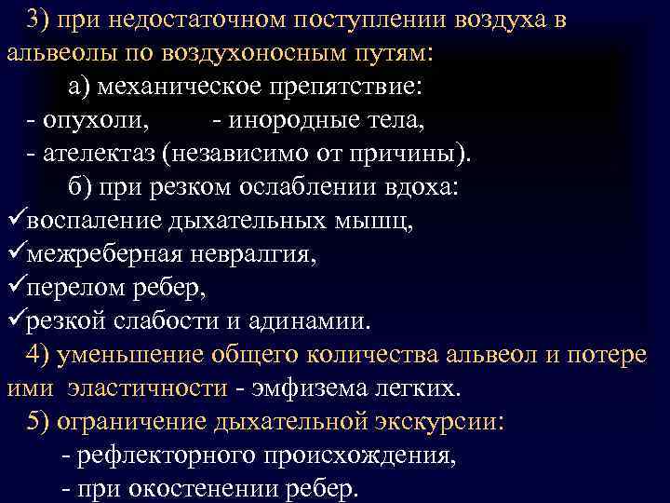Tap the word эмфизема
click(x=319, y=388)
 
